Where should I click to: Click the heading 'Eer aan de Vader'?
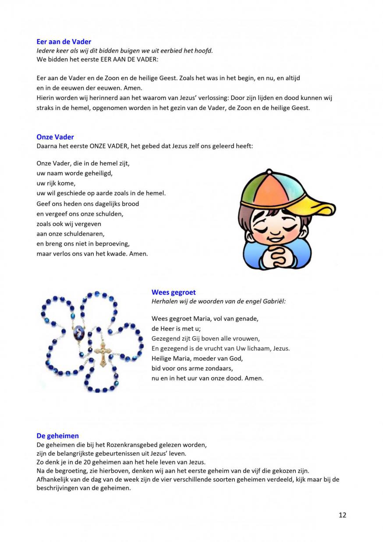(x=64, y=42)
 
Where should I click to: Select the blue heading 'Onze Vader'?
(x=55, y=137)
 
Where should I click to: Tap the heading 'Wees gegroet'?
(x=174, y=292)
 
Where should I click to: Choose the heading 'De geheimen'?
(x=57, y=435)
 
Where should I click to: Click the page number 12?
(x=342, y=515)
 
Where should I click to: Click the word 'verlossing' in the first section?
(x=208, y=98)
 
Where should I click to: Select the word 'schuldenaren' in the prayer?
(x=86, y=234)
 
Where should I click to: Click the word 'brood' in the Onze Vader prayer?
(x=130, y=203)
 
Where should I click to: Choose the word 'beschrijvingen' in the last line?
(x=57, y=488)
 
